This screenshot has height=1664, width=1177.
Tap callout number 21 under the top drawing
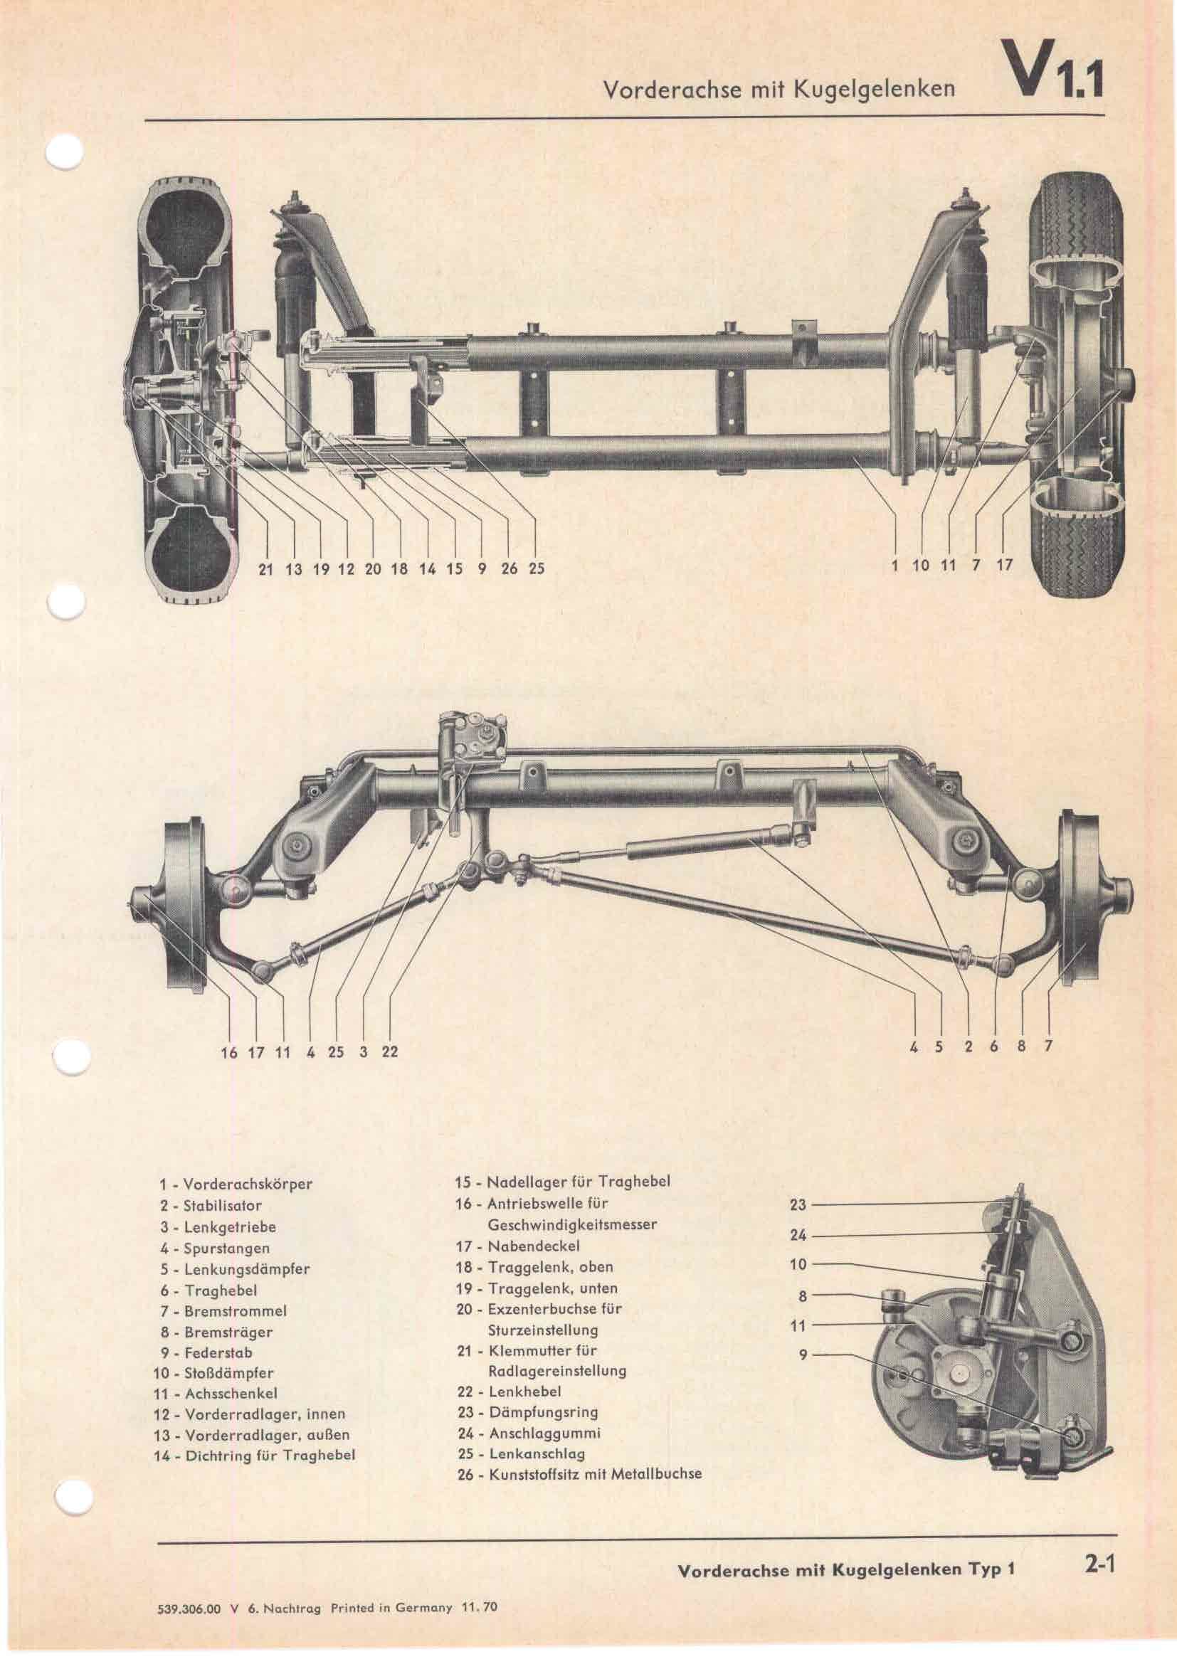pos(266,569)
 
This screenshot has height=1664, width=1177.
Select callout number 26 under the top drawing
pos(509,569)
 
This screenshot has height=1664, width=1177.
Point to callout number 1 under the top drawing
pos(897,565)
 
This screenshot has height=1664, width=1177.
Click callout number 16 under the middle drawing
pos(229,1051)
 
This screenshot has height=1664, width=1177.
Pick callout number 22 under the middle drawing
pos(390,1051)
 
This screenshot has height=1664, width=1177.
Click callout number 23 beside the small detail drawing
pos(797,1205)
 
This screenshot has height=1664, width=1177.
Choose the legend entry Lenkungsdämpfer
pos(236,1269)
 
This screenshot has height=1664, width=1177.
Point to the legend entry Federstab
pos(218,1353)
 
